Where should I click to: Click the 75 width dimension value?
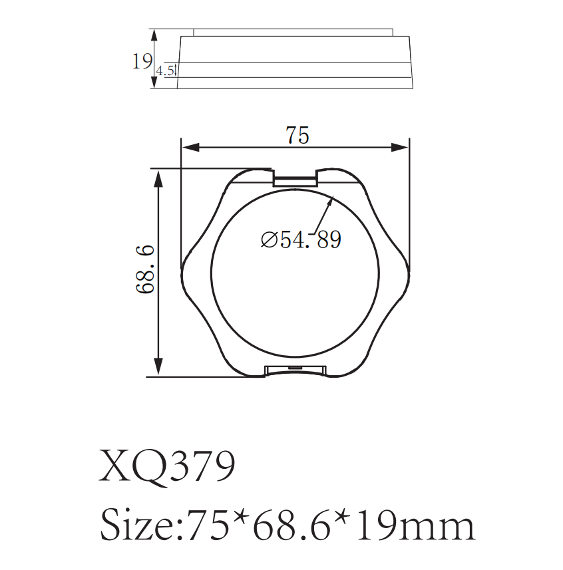tap(297, 135)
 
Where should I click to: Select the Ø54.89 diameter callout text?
tap(301, 239)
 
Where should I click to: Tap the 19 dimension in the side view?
tap(141, 62)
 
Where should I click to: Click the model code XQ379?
tap(167, 467)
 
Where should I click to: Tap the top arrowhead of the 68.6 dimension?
tap(158, 174)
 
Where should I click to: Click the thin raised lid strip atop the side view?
tap(293, 32)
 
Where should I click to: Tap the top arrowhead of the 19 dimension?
tap(154, 33)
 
